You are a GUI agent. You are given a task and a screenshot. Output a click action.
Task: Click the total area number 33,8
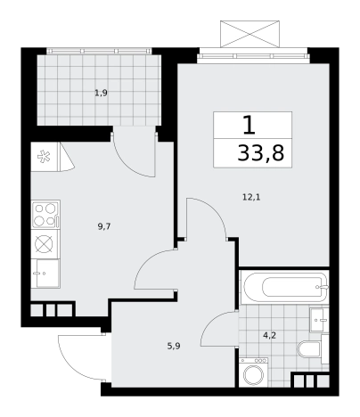click(261, 153)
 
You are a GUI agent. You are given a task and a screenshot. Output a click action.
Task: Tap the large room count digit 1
click(249, 125)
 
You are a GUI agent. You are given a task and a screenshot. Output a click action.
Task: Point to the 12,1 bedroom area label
click(251, 197)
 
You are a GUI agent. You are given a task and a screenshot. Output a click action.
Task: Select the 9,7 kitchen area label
click(104, 227)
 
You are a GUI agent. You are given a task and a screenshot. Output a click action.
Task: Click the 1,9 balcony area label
click(101, 94)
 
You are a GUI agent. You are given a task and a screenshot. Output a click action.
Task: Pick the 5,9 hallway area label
click(174, 346)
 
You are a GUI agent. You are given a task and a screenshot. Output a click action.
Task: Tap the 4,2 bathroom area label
click(269, 336)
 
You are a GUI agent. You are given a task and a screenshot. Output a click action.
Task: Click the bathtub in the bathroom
click(284, 287)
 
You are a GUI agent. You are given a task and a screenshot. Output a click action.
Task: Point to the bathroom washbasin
click(319, 320)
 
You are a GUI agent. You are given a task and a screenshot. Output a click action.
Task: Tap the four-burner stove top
click(45, 214)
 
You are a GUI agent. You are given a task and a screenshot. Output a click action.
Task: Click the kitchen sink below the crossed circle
click(45, 274)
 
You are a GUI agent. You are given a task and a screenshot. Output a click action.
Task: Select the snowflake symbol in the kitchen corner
click(44, 157)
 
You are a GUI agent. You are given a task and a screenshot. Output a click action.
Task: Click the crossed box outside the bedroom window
click(250, 34)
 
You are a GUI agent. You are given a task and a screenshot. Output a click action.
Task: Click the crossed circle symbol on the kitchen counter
click(44, 244)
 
